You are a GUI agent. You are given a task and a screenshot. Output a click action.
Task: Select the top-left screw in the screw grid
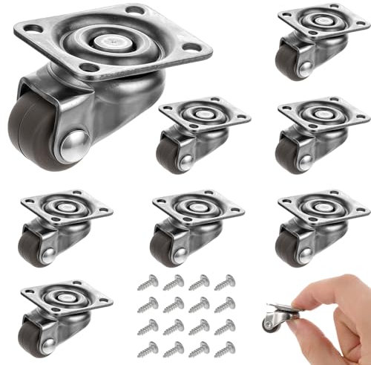point(148,282)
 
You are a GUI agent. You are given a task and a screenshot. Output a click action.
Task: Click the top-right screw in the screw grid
point(223,282)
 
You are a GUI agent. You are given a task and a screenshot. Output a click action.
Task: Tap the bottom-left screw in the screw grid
point(147,346)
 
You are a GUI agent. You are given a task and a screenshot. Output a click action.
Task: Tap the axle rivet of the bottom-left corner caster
point(45,324)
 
